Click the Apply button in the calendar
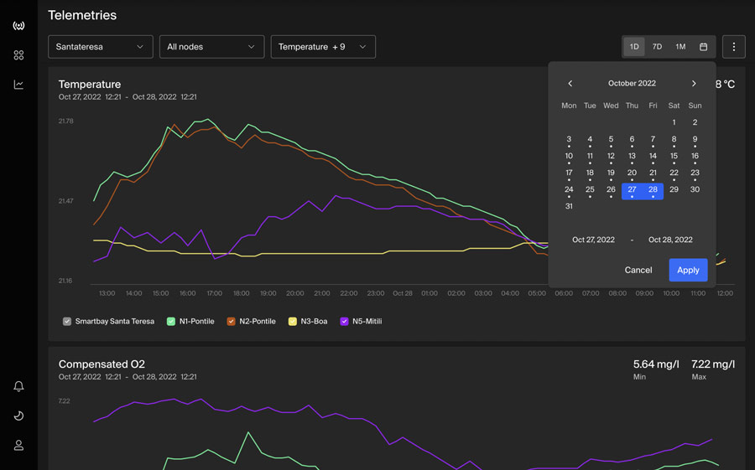tap(688, 270)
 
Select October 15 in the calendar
tap(674, 156)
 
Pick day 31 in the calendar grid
tap(569, 206)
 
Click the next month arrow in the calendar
tap(694, 83)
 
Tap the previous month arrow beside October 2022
tap(570, 83)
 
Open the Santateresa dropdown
tap(100, 47)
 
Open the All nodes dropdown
tap(212, 47)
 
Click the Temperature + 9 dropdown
tap(323, 47)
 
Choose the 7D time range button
tap(657, 47)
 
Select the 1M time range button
tap(680, 47)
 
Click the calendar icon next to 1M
tap(704, 47)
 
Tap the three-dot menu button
tap(734, 47)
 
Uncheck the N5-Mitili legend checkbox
tap(344, 322)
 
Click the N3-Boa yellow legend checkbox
tap(292, 322)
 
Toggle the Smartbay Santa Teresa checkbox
tap(67, 322)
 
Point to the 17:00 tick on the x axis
tap(214, 293)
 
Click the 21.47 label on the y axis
tap(66, 200)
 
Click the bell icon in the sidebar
tap(18, 386)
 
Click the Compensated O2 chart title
tap(102, 364)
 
